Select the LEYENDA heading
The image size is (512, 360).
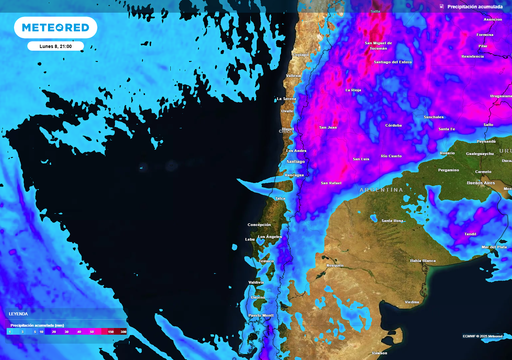click(x=19, y=312)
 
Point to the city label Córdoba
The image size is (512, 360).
click(x=394, y=125)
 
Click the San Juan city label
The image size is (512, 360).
click(x=328, y=127)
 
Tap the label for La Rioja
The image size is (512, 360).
click(x=352, y=91)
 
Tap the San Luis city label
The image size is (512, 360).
click(x=361, y=160)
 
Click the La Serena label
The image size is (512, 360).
click(x=286, y=99)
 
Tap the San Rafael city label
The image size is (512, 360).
click(x=331, y=183)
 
